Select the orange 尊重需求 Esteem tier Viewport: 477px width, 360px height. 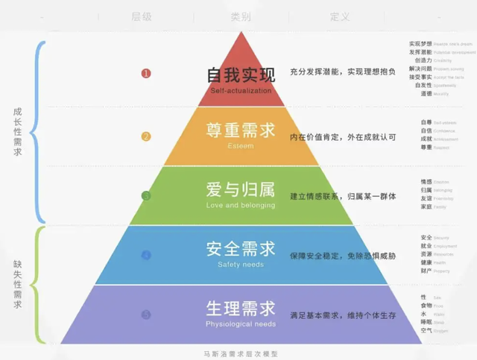coord(241,134)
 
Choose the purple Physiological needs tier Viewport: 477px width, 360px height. coord(241,312)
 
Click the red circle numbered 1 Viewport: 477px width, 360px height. coord(146,74)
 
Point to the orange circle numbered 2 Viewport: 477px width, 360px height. coord(146,136)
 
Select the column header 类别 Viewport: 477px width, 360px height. coord(241,16)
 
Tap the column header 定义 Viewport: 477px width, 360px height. coord(340,16)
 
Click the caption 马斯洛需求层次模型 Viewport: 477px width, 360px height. coord(239,354)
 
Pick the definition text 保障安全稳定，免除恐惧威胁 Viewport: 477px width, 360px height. coord(343,256)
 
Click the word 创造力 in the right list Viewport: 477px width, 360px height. coord(424,61)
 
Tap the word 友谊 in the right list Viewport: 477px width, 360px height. coord(426,198)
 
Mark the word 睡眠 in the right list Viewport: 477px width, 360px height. coord(426,322)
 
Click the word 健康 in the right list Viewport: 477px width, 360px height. coord(426,262)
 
